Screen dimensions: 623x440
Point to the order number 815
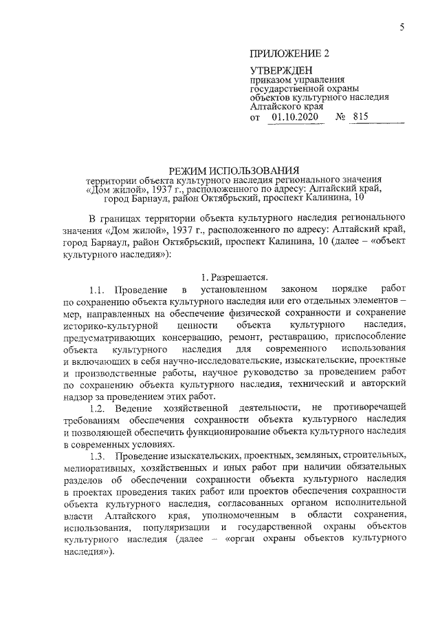click(360, 117)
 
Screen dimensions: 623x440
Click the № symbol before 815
click(339, 117)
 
